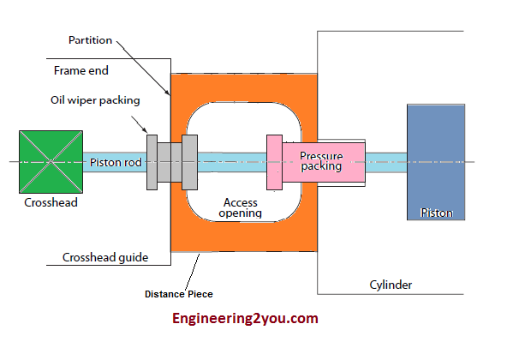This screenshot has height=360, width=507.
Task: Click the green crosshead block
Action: pyautogui.click(x=51, y=162)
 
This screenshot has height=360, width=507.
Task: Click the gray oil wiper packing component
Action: pyautogui.click(x=172, y=162)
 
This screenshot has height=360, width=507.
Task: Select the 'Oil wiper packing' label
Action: pyautogui.click(x=95, y=100)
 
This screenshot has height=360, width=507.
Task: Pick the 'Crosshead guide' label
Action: pyautogui.click(x=105, y=257)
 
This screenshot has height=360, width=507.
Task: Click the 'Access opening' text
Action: pyautogui.click(x=240, y=207)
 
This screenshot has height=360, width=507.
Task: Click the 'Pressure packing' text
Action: pyautogui.click(x=321, y=161)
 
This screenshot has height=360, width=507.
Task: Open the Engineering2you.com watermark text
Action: pyautogui.click(x=245, y=319)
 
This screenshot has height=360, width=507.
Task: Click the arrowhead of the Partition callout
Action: pyautogui.click(x=170, y=93)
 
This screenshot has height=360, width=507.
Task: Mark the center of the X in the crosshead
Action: pyautogui.click(x=51, y=162)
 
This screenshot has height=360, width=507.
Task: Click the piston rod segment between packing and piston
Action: pyautogui.click(x=386, y=162)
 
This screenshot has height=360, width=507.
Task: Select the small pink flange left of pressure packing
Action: pyautogui.click(x=274, y=162)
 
